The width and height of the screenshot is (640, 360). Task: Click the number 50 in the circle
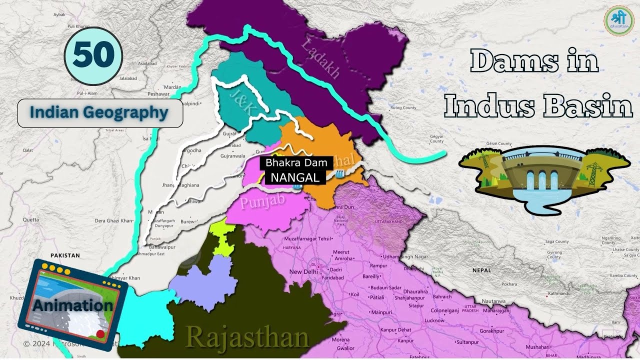[93, 55]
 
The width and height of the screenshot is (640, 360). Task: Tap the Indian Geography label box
[100, 113]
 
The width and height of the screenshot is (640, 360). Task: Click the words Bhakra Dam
[296, 163]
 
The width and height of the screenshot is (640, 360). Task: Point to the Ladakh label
[320, 59]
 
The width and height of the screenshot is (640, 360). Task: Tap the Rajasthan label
[247, 338]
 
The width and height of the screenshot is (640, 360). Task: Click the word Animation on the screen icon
[73, 305]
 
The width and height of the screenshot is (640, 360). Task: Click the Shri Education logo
[618, 21]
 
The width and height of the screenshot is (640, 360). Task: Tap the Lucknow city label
[434, 320]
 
